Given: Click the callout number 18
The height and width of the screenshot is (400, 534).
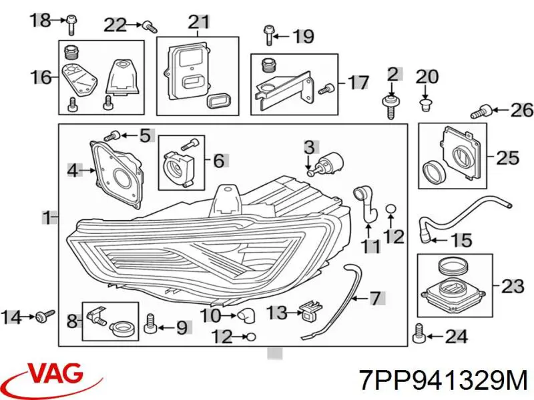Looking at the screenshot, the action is (41, 21).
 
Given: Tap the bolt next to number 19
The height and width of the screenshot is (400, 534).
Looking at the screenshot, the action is (268, 35).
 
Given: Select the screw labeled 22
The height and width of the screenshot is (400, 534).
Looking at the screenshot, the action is (149, 27).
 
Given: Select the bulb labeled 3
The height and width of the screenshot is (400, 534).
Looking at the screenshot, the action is (328, 164).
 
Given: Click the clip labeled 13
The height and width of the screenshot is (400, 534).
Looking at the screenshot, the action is (309, 311).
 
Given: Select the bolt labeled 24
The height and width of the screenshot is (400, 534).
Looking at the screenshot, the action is (418, 334).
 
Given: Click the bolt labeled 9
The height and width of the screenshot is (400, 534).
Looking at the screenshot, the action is (149, 323).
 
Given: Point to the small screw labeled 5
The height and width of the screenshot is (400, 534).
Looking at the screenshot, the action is (111, 135).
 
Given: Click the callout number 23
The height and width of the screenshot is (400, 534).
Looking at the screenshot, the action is (512, 287).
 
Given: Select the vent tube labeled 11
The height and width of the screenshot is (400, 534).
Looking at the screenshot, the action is (365, 205).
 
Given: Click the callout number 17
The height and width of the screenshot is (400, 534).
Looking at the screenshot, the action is (358, 82).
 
